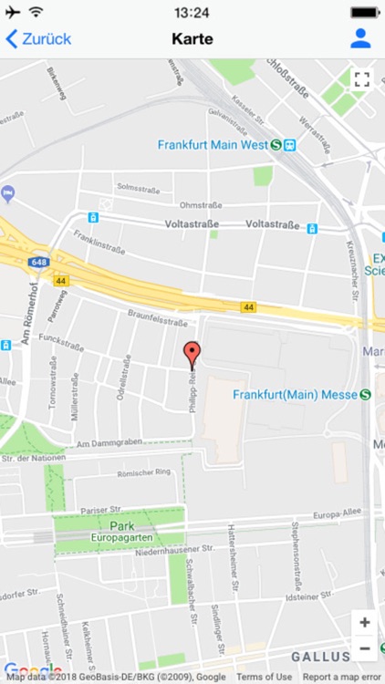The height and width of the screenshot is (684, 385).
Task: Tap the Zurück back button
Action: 38,38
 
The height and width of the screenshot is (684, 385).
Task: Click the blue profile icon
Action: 360,38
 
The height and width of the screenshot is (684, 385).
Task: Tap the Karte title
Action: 192,38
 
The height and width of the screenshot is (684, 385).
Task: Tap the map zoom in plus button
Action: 365,623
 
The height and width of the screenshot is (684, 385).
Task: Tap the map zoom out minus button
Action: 365,648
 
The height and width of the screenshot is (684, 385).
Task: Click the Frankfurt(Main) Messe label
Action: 295,394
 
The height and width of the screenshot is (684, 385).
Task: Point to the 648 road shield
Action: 38,263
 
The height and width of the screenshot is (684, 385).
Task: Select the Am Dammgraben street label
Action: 111,444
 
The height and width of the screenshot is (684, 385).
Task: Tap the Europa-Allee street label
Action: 338,515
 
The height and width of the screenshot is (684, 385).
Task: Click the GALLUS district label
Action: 320,657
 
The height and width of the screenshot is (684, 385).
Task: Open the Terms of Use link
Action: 264,677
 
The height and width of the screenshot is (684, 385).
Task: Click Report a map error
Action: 342,677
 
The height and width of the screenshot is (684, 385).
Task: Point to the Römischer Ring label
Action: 145,472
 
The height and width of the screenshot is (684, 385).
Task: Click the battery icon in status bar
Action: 364,13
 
